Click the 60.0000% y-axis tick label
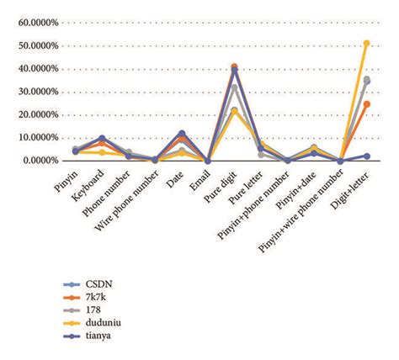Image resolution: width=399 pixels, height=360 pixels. click(31, 23)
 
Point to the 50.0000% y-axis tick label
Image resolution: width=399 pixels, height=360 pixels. click(31, 45)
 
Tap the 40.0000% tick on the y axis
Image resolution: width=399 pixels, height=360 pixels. click(31, 68)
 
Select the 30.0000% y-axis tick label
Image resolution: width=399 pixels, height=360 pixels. click(31, 92)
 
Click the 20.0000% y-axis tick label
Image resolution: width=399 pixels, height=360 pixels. click(31, 114)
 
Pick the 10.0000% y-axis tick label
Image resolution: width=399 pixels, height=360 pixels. click(31, 137)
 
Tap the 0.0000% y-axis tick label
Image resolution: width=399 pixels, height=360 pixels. click(34, 160)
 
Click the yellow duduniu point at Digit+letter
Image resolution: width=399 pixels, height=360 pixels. click(366, 43)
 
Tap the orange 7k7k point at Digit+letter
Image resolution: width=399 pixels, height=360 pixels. click(366, 104)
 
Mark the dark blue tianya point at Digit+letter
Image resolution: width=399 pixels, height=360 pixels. click(366, 156)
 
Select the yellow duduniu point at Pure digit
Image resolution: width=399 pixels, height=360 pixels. click(234, 110)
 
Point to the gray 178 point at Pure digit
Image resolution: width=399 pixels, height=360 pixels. click(234, 87)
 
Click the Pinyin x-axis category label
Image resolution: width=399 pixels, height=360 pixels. click(65, 183)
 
